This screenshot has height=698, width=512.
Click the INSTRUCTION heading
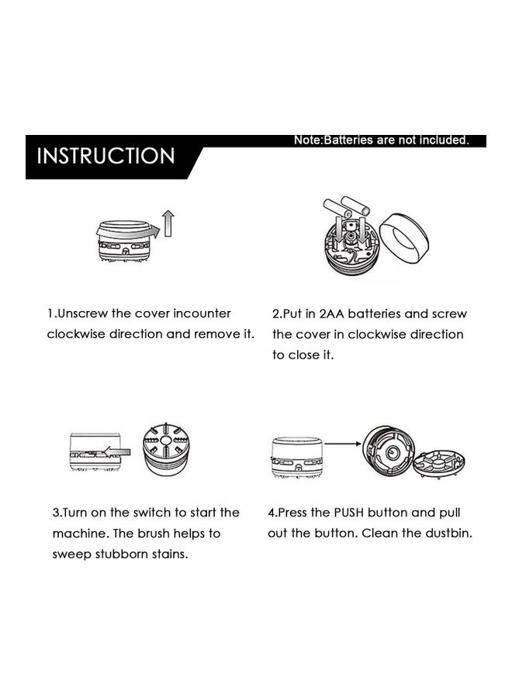click(106, 156)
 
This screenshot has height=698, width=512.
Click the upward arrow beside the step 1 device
click(168, 223)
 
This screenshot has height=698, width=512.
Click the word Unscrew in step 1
click(83, 313)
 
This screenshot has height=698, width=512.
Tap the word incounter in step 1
click(202, 313)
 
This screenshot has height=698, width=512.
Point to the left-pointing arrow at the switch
click(116, 452)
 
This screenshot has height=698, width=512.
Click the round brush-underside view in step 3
click(166, 449)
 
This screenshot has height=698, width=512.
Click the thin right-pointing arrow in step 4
click(343, 444)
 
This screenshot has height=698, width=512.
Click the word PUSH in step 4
click(349, 513)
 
